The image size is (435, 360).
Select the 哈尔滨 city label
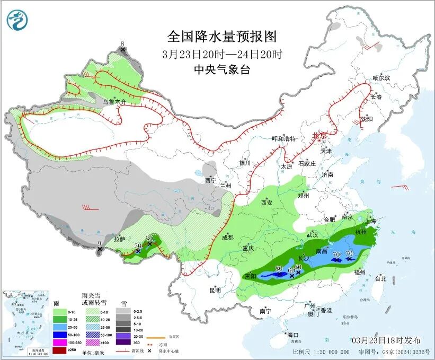(380, 78)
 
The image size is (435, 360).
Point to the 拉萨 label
(120, 239)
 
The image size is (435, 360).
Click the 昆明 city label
(215, 290)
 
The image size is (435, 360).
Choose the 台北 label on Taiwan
(380, 278)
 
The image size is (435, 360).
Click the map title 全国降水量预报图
(222, 37)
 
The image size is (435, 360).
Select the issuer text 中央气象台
(222, 69)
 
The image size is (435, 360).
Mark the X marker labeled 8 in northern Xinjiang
(123, 50)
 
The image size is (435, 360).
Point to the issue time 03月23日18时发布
(386, 340)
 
